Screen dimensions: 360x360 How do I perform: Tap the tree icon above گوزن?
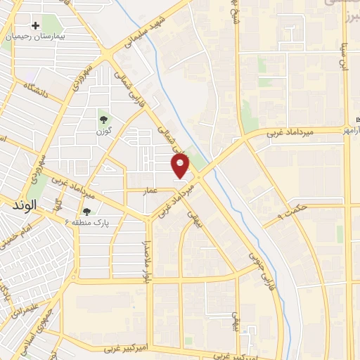(103, 119)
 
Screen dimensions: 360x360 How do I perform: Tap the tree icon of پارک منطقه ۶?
(87, 211)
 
